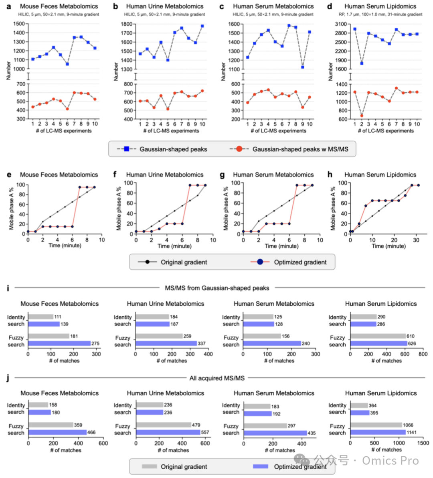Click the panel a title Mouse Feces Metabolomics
point(59,6)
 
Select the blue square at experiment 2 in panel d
point(362,63)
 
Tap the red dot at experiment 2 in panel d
point(362,116)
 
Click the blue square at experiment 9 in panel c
point(302,67)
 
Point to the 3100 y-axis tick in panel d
point(341,24)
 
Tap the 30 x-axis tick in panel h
point(416,240)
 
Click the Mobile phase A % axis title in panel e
point(12,208)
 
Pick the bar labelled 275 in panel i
point(59,344)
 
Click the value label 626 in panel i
point(412,344)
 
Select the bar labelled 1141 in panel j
point(378,432)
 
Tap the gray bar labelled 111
point(41,317)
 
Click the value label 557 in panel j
point(205,432)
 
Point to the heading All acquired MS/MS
point(217,378)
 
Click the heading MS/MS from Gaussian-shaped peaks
point(217,288)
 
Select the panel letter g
point(222,175)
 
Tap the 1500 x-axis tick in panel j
point(423,443)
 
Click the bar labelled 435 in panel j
point(275,433)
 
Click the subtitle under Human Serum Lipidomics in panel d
point(380,14)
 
